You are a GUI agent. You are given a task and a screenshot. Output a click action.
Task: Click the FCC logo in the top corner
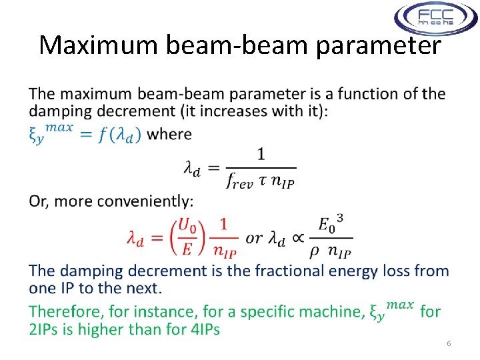click(x=435, y=19)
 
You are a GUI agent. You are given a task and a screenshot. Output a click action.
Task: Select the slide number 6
click(x=449, y=343)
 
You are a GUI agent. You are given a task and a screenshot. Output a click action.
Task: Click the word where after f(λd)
click(x=169, y=134)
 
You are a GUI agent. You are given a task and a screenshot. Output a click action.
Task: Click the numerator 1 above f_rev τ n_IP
click(x=261, y=155)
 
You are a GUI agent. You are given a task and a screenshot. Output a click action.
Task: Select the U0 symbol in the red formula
click(x=189, y=225)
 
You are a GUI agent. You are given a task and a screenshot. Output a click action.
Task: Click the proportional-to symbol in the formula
click(x=299, y=238)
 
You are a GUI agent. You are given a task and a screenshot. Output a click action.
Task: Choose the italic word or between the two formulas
click(x=254, y=238)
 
